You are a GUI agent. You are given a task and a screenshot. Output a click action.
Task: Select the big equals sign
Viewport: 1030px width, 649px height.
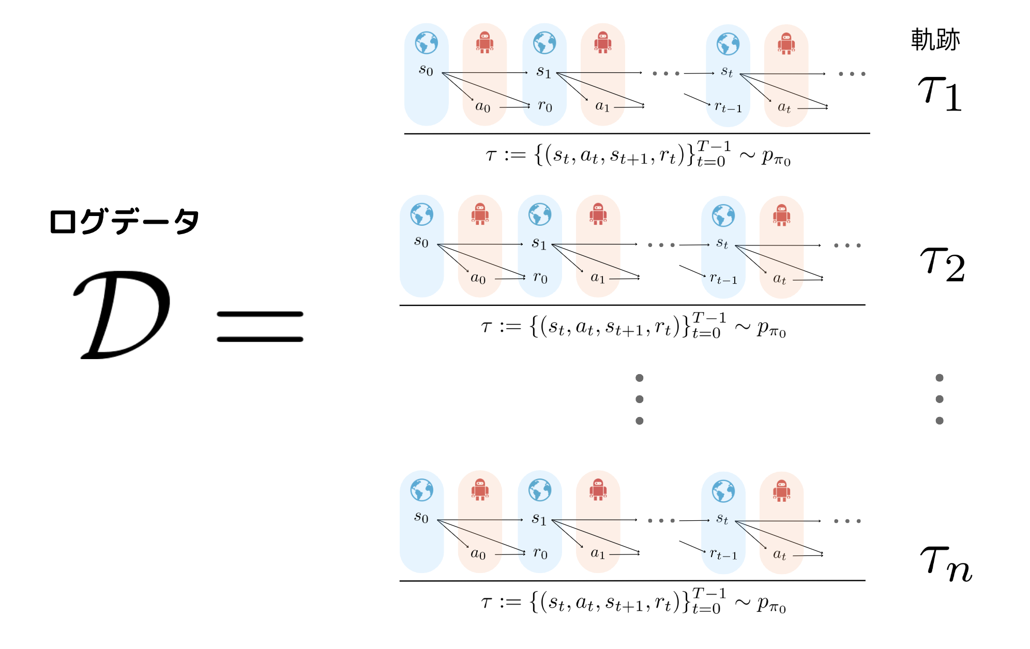click(260, 327)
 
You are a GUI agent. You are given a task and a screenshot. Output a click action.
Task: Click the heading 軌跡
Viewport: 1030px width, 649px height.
click(935, 40)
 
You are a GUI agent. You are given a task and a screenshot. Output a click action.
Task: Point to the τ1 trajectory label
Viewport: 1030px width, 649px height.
click(940, 94)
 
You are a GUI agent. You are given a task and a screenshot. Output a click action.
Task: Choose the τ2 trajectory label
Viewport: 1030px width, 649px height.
click(943, 264)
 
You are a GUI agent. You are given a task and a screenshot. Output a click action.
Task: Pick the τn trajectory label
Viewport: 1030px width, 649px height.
click(946, 564)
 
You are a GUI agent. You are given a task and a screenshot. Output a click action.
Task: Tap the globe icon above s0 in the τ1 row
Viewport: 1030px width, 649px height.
click(427, 43)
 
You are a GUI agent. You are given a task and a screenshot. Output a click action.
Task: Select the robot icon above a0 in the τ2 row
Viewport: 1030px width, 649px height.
click(480, 214)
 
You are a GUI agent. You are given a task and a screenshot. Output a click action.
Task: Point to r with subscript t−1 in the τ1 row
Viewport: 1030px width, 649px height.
click(728, 106)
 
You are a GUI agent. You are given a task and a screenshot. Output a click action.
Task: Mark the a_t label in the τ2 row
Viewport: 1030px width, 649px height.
click(779, 279)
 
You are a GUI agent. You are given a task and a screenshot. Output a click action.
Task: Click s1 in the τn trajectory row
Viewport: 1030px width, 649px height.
click(539, 518)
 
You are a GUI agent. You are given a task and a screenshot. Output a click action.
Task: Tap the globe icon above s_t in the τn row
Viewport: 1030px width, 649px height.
click(723, 491)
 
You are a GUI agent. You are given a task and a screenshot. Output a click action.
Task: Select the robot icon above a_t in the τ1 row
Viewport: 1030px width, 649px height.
click(786, 43)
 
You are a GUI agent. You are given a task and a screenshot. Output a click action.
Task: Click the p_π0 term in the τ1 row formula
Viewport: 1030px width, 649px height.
click(776, 157)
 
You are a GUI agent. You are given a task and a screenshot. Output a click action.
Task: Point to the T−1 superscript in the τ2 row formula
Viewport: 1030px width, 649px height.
click(709, 318)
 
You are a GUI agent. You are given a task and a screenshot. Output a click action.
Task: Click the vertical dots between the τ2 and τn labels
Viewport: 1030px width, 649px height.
click(940, 399)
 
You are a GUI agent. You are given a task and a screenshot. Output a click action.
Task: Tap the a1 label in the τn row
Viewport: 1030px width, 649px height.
click(598, 553)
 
